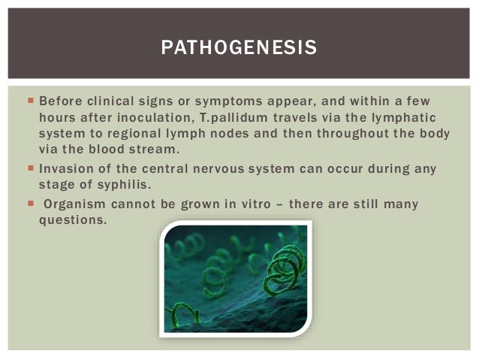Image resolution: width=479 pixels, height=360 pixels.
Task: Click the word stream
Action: (161, 149)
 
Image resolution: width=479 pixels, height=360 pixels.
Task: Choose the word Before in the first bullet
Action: (60, 101)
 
